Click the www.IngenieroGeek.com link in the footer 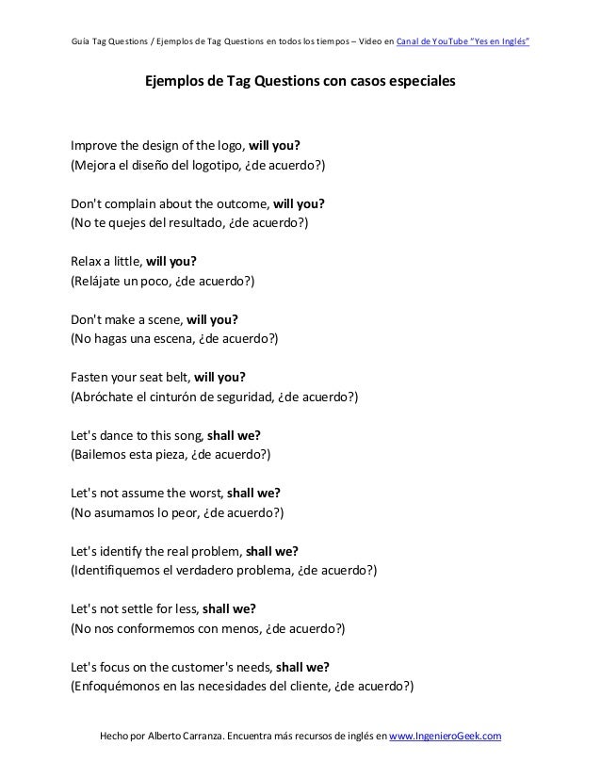445,735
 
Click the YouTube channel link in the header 463,42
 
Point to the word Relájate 98,282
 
